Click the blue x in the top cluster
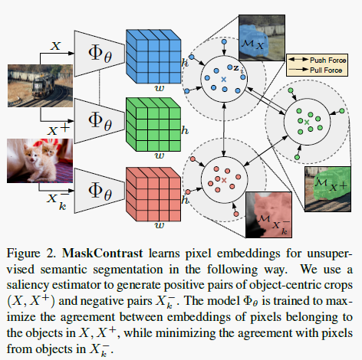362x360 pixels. pos(224,80)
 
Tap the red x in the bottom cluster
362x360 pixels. pos(224,179)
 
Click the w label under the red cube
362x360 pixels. pos(159,226)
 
